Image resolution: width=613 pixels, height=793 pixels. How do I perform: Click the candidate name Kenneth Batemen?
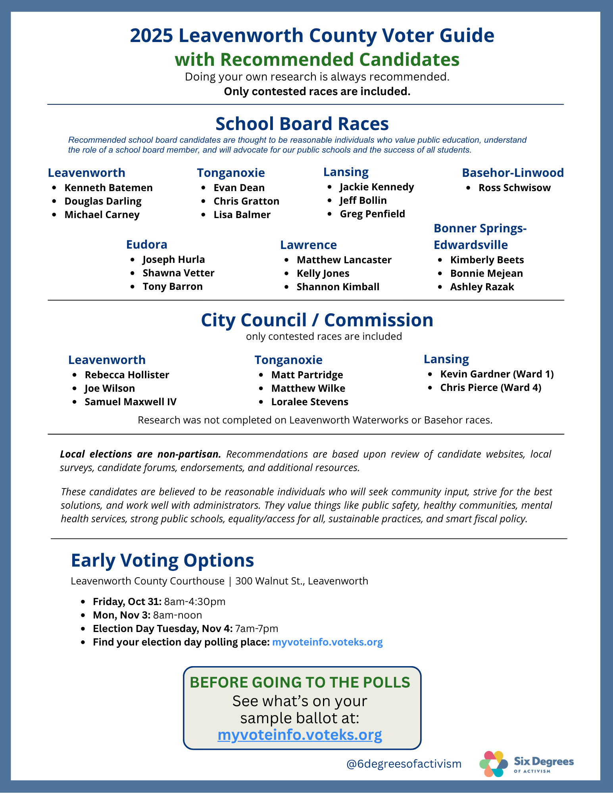point(108,188)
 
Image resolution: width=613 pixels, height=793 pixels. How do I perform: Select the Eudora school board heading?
point(146,244)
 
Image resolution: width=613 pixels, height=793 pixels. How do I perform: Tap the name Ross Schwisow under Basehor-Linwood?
point(514,188)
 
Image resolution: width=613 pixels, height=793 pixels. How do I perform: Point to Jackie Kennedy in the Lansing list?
point(377,187)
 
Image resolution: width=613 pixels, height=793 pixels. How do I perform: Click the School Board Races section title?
point(302,124)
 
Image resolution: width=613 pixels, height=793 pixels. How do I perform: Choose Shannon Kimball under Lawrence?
point(338,287)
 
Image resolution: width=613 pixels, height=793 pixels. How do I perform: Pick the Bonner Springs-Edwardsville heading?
point(480,236)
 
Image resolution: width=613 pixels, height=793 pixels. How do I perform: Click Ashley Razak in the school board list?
point(482,287)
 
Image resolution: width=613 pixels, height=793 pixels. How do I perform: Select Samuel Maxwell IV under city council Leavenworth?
point(131,402)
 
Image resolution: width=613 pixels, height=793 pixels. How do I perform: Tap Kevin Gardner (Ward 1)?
point(497,374)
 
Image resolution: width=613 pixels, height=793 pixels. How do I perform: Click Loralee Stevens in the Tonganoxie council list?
point(309,402)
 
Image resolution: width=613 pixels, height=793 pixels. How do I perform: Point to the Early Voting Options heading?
point(162,560)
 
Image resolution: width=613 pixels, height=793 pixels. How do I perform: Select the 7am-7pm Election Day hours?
point(256,628)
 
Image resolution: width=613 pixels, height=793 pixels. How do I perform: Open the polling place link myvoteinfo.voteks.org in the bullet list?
point(327,642)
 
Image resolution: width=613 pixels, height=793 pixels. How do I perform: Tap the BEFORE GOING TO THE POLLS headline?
point(300,682)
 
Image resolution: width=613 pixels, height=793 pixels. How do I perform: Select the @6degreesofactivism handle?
point(404,764)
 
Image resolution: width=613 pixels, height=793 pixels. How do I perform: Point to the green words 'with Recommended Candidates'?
point(317,59)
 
